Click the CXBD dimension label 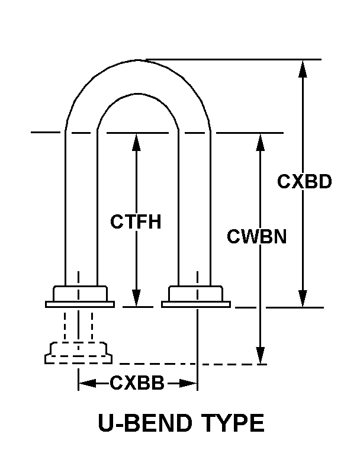click(304, 182)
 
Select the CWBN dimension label click(257, 237)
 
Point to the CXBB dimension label click(137, 383)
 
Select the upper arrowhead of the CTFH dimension click(137, 141)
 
